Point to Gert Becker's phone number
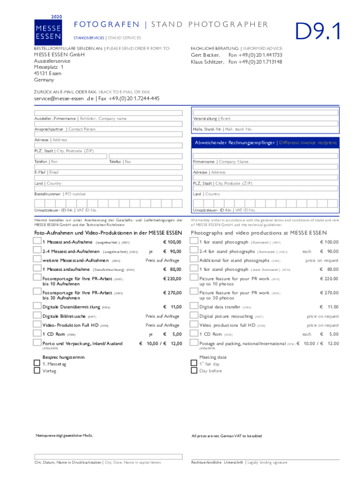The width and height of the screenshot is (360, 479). point(255,55)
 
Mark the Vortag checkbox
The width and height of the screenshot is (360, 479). point(37,371)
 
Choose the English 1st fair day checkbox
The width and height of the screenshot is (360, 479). point(194,363)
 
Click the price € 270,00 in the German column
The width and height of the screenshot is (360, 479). point(172,293)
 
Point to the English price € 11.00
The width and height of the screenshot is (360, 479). point(329,307)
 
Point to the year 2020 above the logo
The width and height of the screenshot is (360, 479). point(56,17)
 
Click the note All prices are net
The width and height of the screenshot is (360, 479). point(227,436)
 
